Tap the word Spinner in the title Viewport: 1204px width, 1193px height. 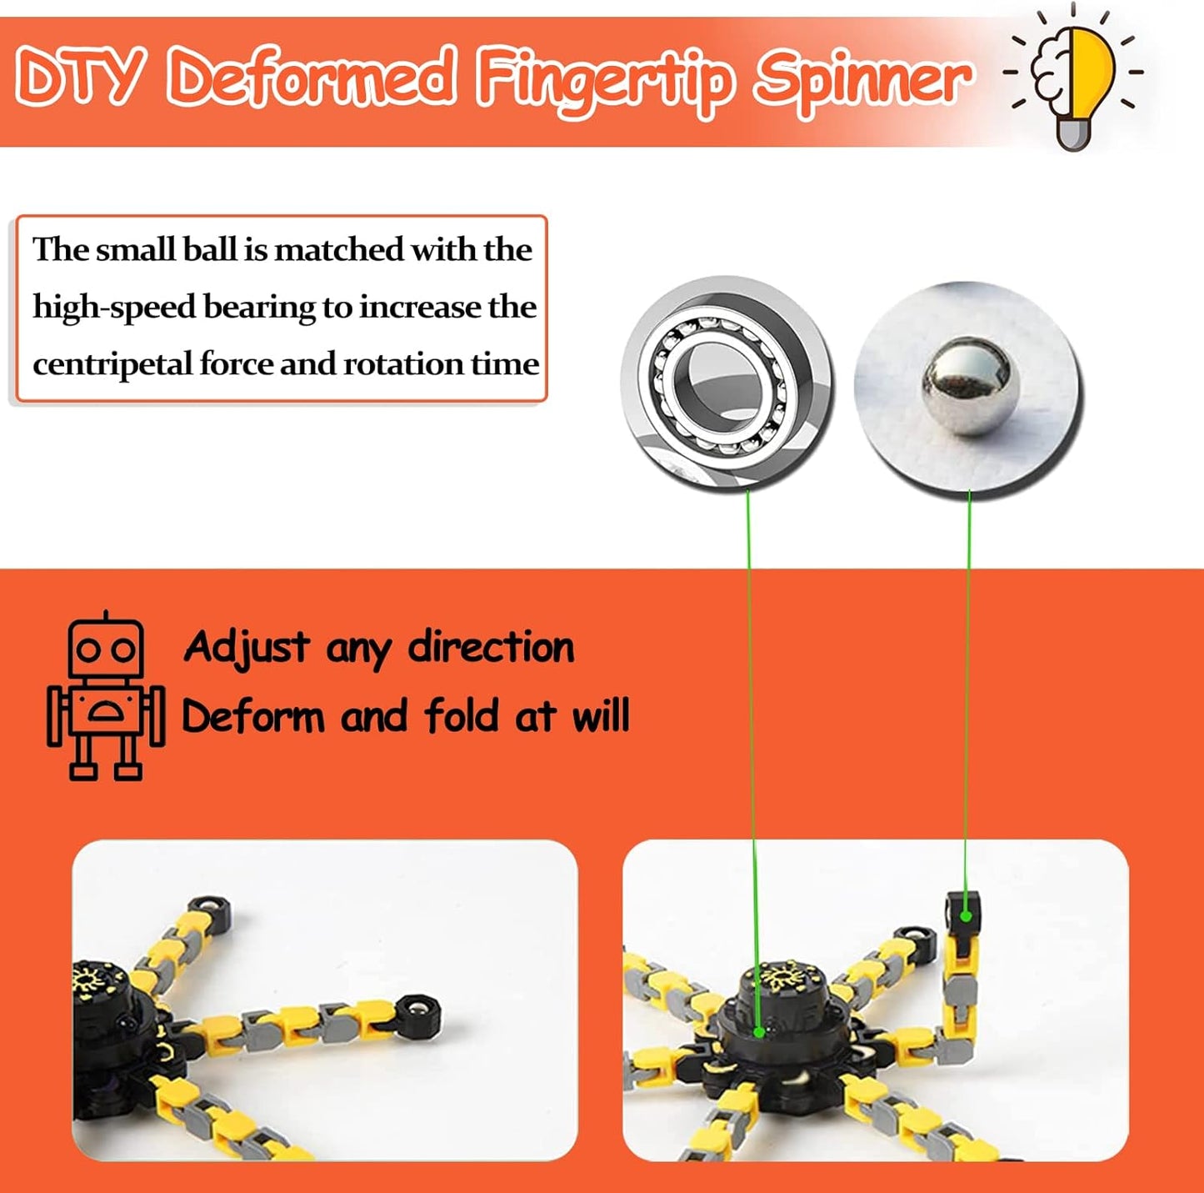tap(862, 78)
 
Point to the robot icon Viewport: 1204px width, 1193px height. tap(105, 697)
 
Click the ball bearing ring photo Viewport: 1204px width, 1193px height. tap(726, 384)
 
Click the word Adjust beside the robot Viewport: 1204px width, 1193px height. tap(247, 648)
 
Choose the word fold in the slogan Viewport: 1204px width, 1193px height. tap(462, 715)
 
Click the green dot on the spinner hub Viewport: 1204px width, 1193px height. tap(759, 1031)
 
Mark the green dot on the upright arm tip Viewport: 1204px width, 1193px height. tap(965, 915)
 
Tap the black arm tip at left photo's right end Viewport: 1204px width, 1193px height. tap(419, 1017)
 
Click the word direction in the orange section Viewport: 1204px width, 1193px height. tap(491, 648)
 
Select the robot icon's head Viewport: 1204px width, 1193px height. tap(106, 648)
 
